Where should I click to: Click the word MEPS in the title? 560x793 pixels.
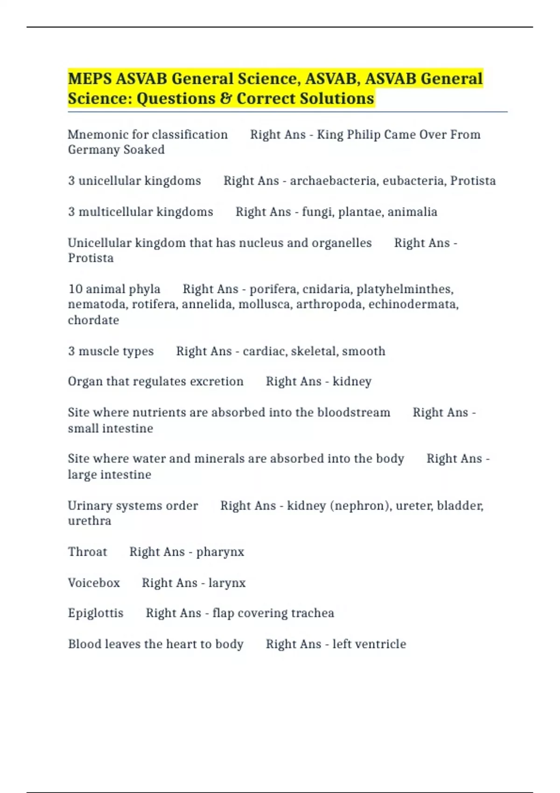tap(90, 78)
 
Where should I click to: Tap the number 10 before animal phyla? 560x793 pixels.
tap(75, 289)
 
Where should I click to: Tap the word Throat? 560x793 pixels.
tap(87, 551)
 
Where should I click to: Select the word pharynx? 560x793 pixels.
tap(220, 552)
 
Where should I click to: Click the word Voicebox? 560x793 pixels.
tap(93, 583)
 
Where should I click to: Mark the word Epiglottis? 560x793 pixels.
tap(95, 613)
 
